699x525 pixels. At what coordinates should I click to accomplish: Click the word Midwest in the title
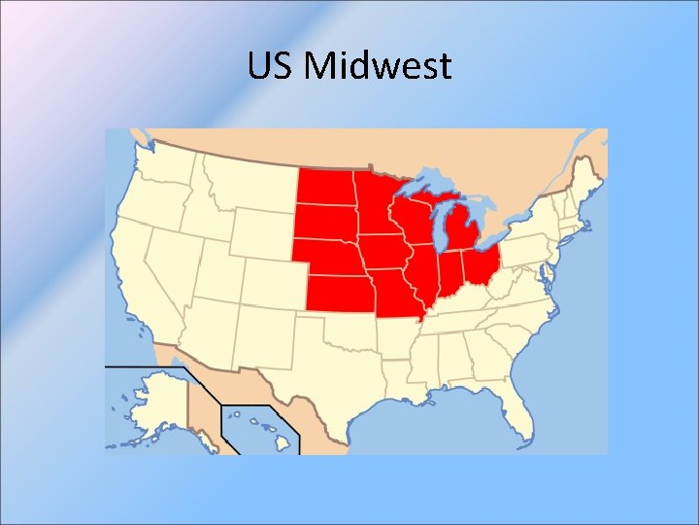coord(378,66)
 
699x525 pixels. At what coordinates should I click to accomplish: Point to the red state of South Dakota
coord(325,223)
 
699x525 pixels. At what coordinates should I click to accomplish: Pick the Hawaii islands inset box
coord(257,428)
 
